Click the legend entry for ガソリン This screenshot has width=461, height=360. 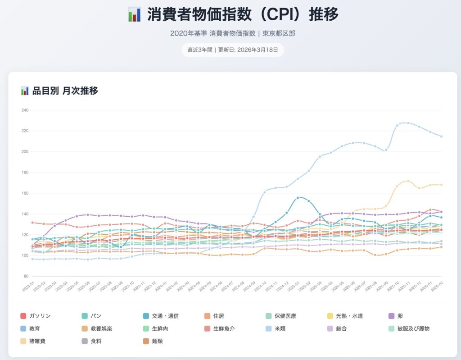[x=40, y=316]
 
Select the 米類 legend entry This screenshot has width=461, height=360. [x=283, y=328]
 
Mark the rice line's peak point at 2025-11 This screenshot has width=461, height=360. [x=408, y=123]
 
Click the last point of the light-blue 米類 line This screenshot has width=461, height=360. [x=441, y=137]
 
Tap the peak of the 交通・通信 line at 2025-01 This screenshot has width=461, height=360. [x=298, y=198]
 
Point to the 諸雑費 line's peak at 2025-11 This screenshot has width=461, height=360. [x=408, y=181]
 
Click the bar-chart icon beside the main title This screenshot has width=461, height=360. [x=134, y=14]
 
